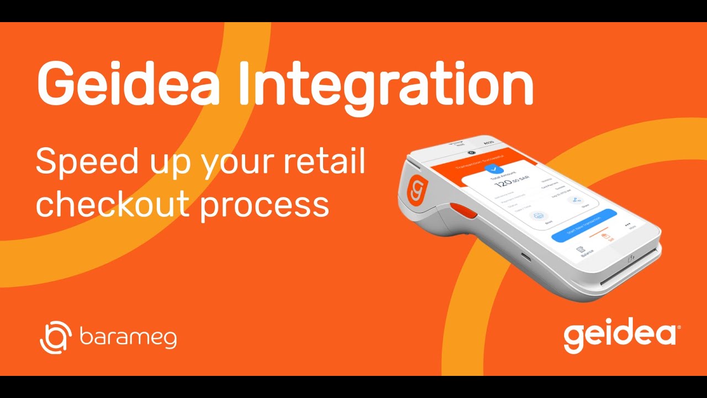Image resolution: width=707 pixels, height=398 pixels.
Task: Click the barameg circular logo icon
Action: pos(56,337)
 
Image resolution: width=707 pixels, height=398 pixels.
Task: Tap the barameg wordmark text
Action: pos(128,337)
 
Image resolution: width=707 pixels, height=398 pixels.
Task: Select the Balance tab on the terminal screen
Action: pos(584,251)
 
